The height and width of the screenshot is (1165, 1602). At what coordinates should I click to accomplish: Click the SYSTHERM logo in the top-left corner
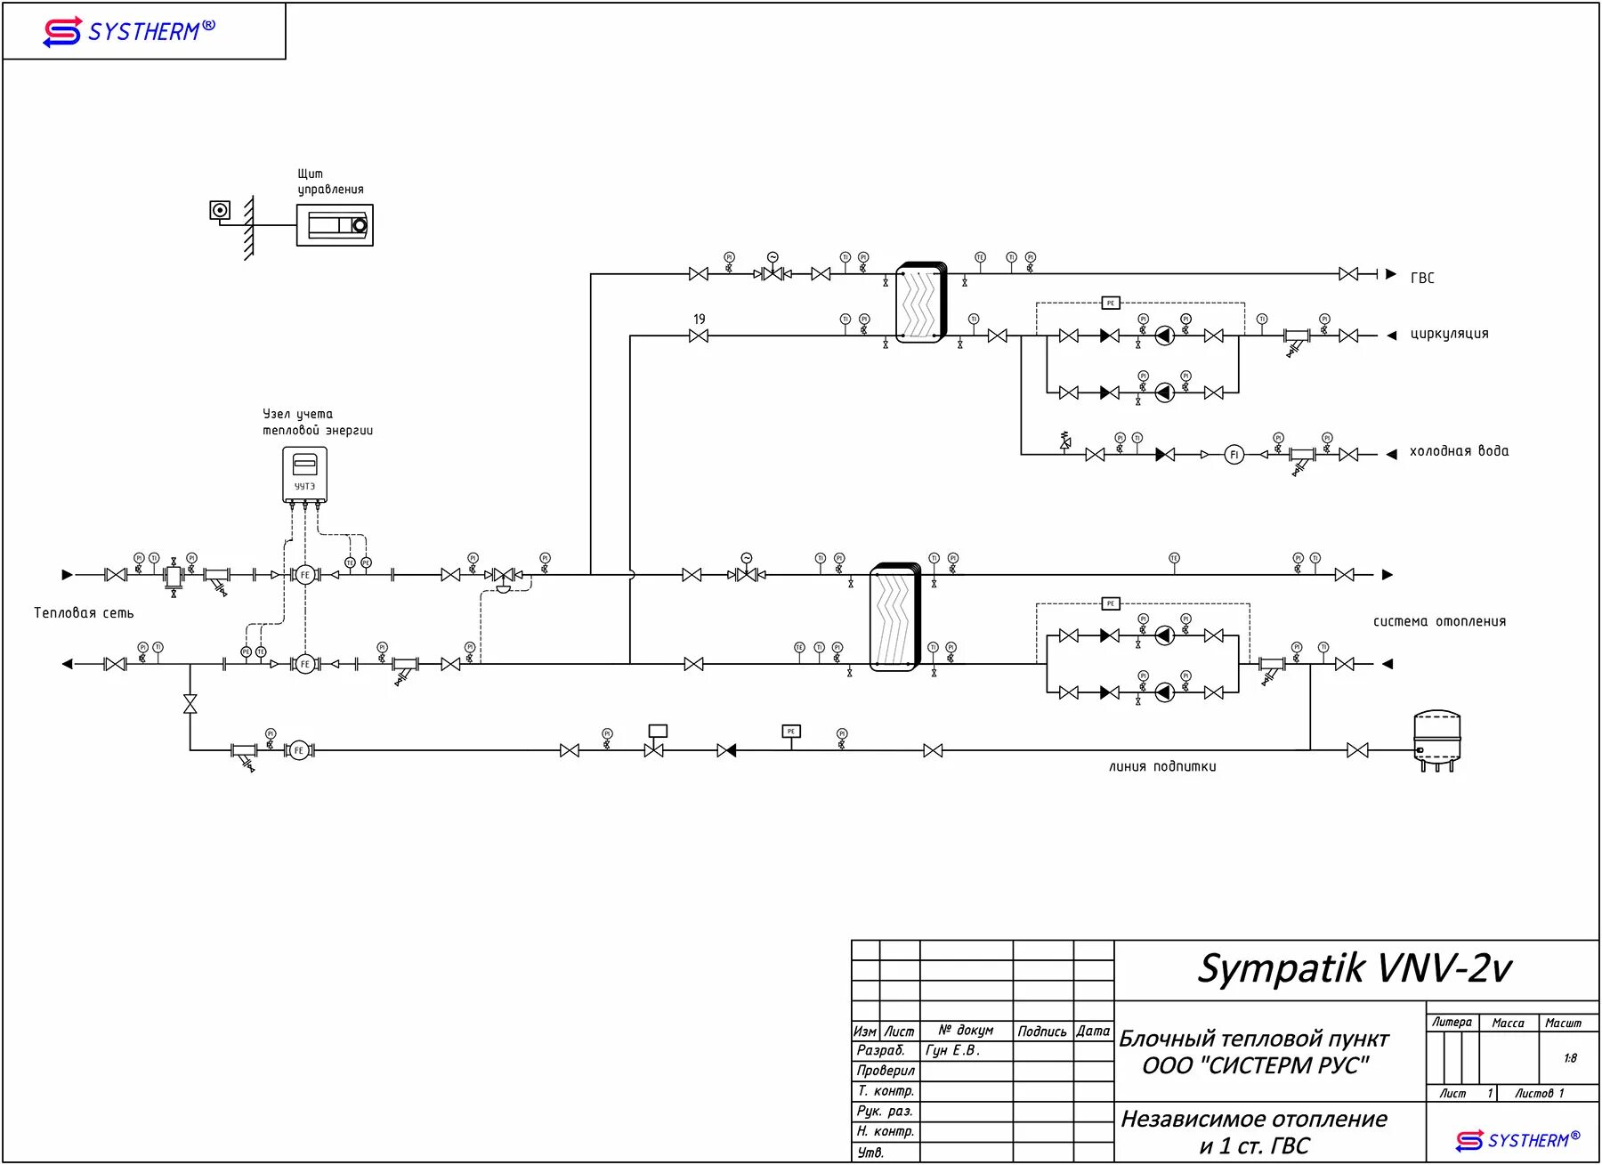pos(129,32)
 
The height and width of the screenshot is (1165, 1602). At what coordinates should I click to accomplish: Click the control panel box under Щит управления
pos(335,225)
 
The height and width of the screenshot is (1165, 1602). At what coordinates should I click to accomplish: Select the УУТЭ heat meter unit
pos(304,474)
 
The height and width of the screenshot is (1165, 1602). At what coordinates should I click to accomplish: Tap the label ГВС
pos(1422,278)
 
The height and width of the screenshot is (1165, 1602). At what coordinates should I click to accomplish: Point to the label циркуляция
pos(1449,335)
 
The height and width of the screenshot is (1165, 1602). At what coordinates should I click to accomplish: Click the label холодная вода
pos(1459,451)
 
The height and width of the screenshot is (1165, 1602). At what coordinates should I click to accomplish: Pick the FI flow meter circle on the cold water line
pos(1234,455)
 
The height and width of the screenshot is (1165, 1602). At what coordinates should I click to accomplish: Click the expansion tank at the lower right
pos(1436,739)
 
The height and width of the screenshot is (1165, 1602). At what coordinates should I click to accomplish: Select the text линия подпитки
pos(1162,766)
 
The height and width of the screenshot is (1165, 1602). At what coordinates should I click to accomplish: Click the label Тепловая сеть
pos(84,613)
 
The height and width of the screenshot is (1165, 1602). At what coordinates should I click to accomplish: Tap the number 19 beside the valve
pos(700,319)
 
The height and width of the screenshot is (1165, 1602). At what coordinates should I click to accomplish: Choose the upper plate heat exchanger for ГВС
pos(921,303)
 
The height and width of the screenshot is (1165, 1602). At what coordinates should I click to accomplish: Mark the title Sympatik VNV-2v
pos(1355,969)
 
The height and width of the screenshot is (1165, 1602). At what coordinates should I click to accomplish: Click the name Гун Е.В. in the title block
pos(952,1050)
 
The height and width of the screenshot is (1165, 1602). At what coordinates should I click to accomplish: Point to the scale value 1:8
pos(1570,1058)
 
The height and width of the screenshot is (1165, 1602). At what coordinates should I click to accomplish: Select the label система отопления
pos(1439,621)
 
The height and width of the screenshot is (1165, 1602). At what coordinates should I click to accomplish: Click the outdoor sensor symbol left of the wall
pos(220,210)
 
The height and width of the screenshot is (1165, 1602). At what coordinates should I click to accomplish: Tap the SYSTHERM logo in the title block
pos(1518,1140)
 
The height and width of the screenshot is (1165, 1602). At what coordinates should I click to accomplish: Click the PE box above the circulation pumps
pos(1110,303)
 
